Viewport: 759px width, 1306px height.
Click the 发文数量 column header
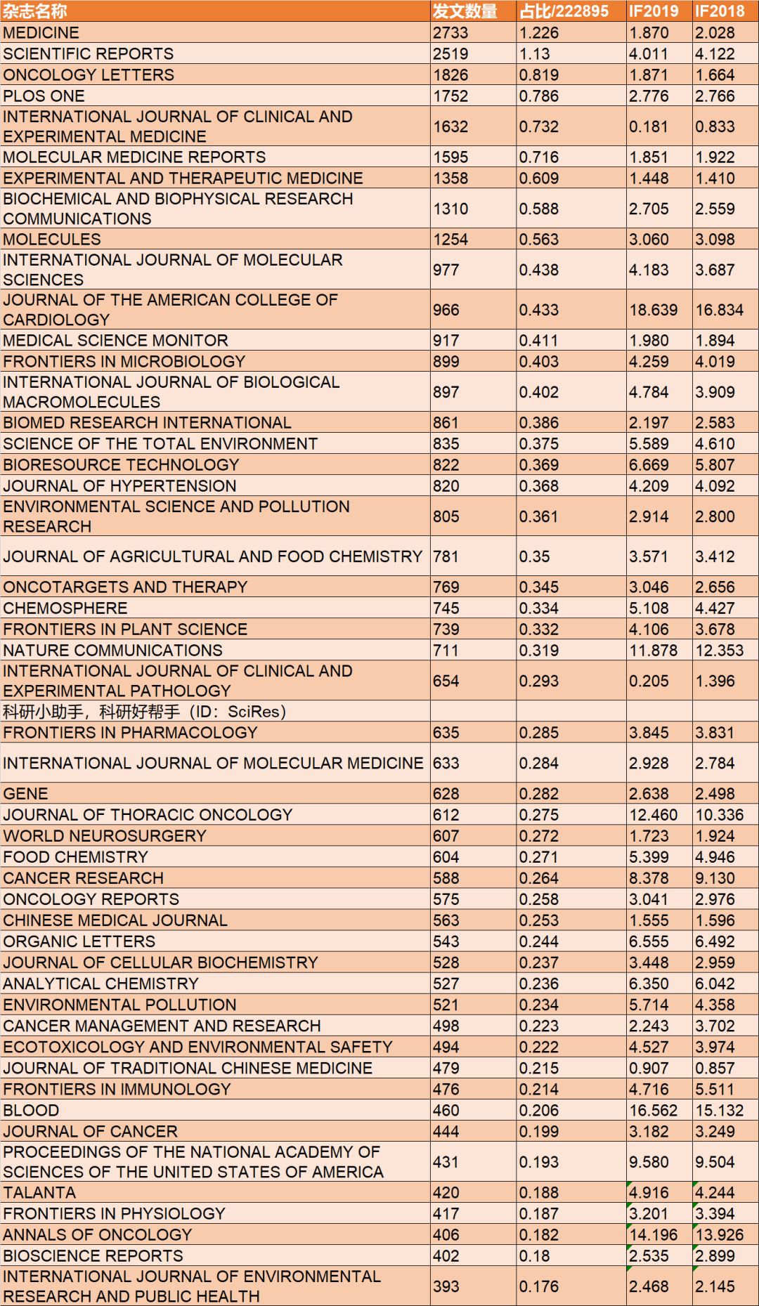[465, 11]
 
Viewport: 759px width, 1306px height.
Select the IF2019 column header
[654, 11]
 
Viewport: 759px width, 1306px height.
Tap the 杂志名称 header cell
[35, 11]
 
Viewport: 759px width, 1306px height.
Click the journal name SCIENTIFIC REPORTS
[89, 54]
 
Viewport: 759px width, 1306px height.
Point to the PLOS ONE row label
[44, 96]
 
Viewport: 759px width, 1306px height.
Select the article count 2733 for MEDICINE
[450, 33]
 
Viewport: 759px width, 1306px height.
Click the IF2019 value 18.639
[654, 310]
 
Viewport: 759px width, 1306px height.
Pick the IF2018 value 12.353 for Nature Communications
[720, 651]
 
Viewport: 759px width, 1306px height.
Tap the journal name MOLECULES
[52, 240]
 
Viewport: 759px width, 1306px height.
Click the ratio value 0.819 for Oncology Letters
[539, 75]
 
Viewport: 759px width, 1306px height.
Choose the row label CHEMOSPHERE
[65, 608]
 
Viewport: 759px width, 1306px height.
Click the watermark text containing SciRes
[145, 712]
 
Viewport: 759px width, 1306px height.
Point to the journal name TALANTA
[39, 1193]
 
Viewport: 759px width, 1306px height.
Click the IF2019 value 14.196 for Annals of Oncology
[654, 1235]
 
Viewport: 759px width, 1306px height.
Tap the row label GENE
[26, 794]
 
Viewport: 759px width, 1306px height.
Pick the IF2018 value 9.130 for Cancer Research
[715, 878]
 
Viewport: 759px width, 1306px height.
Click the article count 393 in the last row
[446, 1286]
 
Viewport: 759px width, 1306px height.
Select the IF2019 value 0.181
[649, 126]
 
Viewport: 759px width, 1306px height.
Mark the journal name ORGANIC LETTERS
[79, 941]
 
